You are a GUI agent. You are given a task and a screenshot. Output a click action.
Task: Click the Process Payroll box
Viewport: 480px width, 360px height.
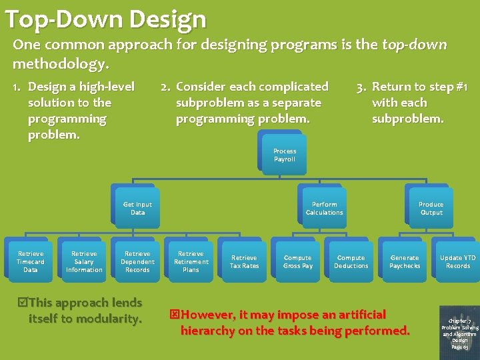coord(284,155)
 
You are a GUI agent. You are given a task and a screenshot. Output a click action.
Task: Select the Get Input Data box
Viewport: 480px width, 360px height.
coord(137,209)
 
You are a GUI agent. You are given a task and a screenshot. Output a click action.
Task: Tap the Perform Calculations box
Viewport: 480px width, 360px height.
coord(324,209)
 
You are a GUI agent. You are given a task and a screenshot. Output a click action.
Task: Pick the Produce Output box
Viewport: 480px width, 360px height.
coord(431,209)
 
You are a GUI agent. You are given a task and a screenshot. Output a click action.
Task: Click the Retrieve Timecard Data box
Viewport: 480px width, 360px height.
coord(31,261)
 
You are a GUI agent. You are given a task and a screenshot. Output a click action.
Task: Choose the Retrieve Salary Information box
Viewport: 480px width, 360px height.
coord(84,261)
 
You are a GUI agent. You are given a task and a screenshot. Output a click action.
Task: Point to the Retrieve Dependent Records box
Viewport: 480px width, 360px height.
coord(137,261)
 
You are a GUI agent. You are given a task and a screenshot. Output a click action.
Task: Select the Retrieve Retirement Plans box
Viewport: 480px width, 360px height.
coord(191,261)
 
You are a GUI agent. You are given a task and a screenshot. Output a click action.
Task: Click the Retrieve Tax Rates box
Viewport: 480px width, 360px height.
coord(244,261)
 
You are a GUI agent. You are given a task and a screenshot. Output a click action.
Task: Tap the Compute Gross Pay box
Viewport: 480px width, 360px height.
coord(297,261)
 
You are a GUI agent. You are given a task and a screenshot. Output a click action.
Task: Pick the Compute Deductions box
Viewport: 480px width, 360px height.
coord(351,261)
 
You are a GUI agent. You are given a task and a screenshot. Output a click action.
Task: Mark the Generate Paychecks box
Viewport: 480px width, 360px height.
coord(405,261)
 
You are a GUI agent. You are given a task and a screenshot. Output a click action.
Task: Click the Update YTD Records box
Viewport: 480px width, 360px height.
coord(457,261)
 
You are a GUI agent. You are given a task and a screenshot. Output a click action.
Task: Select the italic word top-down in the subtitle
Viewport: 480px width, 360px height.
coord(414,45)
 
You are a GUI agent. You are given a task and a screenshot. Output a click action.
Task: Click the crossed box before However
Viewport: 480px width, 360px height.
coord(175,315)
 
